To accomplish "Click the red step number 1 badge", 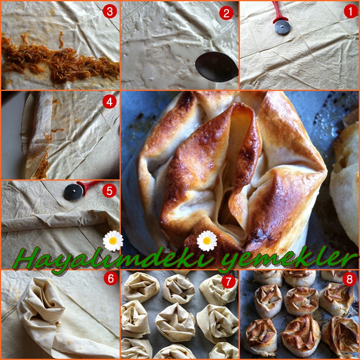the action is [x=351, y=11].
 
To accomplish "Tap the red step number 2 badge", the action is [x=227, y=13].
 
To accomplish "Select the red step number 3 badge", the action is [x=110, y=11].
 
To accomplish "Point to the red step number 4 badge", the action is [x=109, y=102].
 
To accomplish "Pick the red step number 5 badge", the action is [x=109, y=191].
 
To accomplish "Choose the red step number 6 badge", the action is [x=111, y=278].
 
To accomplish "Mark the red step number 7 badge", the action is [x=228, y=281].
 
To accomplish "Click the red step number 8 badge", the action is [x=350, y=279].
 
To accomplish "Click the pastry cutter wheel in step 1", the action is [x=282, y=27].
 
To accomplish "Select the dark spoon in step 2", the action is [x=216, y=66].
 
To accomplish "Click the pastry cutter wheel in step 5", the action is [x=73, y=192].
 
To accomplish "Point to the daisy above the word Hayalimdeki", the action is [x=113, y=240].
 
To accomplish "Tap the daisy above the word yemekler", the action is [x=207, y=241].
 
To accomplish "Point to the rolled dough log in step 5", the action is [x=57, y=221].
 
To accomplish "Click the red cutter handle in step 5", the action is [x=89, y=185].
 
